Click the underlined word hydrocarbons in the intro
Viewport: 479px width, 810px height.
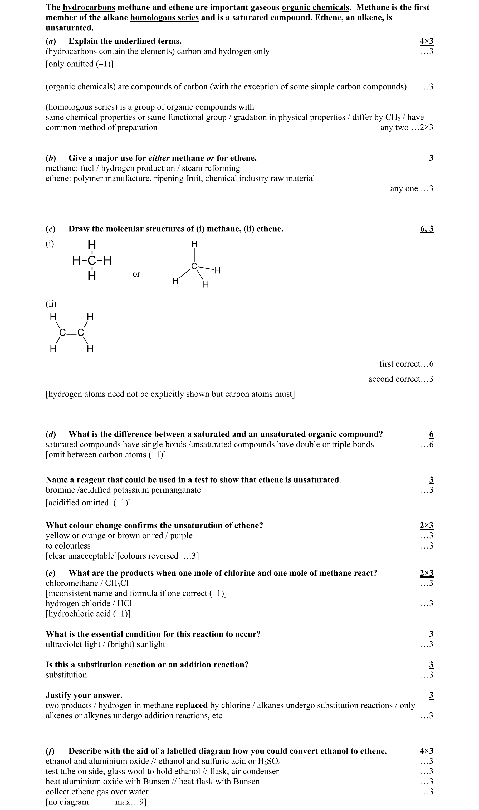coord(89,7)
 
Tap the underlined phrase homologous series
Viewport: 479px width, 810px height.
coord(164,18)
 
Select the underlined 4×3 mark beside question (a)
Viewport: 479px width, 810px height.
coord(426,41)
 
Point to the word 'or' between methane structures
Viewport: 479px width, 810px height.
coord(136,274)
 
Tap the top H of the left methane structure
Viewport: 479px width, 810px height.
coord(92,245)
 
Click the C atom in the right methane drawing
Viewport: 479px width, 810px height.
coord(194,266)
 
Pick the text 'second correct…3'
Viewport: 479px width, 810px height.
coord(401,379)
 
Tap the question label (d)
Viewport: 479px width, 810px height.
coord(51,435)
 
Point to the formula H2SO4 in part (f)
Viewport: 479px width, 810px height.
coord(269,761)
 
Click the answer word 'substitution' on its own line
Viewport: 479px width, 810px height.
coord(66,675)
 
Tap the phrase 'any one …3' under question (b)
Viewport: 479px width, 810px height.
coord(412,188)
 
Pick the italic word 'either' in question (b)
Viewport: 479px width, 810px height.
coord(159,158)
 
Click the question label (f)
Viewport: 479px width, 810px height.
coord(50,751)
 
